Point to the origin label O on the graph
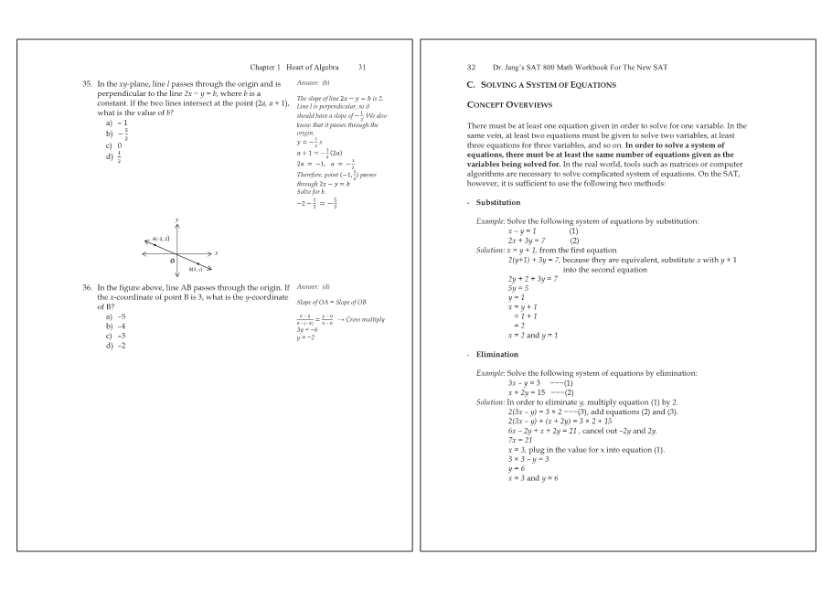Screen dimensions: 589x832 pos(171,261)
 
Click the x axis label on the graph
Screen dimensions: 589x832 pos(216,252)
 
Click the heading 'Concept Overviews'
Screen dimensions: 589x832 pos(507,103)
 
